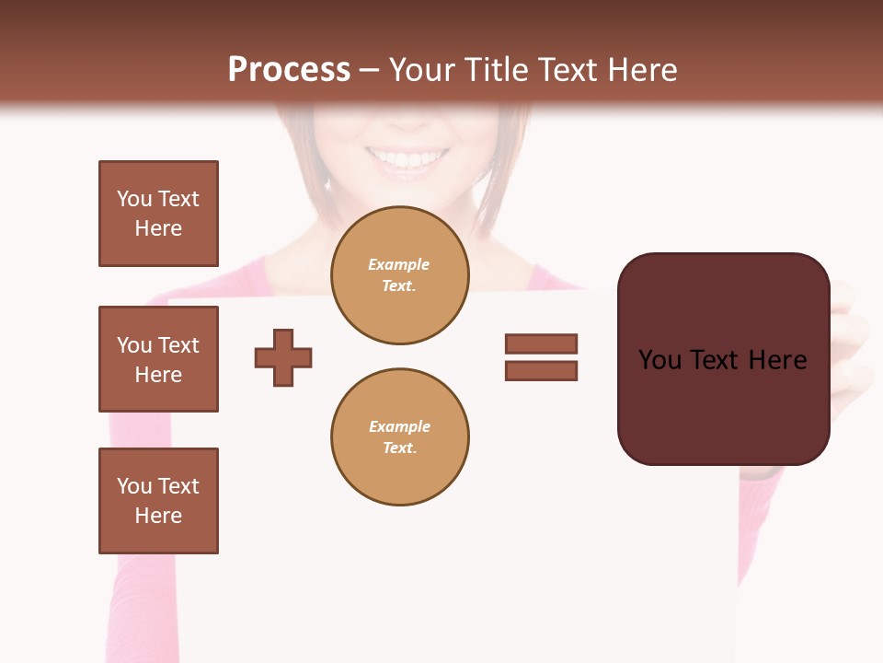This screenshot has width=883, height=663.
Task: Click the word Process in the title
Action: [x=289, y=70]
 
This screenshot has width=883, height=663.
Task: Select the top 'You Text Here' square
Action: [x=158, y=214]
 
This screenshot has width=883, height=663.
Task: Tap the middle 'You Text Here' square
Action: [x=158, y=359]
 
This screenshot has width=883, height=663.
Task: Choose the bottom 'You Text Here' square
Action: [x=158, y=501]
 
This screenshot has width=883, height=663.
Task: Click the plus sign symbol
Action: [x=283, y=357]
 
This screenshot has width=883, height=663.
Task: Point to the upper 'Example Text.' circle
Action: [x=400, y=275]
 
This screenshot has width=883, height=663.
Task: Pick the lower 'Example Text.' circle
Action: [x=400, y=437]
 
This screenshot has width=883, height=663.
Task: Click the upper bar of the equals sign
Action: [x=541, y=343]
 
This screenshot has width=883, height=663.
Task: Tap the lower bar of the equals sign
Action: [x=541, y=371]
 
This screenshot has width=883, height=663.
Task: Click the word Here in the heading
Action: [x=638, y=70]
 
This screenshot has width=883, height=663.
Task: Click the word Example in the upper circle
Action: [x=399, y=265]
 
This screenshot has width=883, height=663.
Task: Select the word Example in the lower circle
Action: [x=399, y=427]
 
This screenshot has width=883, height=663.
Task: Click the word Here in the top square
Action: [x=158, y=228]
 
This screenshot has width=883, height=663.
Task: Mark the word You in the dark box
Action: [x=660, y=360]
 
